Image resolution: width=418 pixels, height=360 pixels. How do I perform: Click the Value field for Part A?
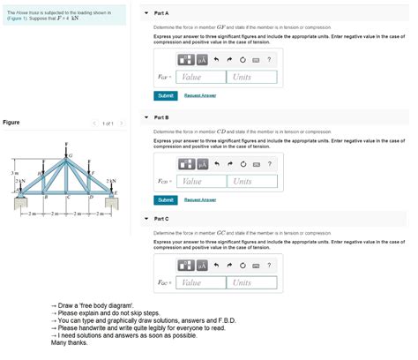pyautogui.click(x=200, y=77)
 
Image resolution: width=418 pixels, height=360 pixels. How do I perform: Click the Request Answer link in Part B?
pyautogui.click(x=200, y=199)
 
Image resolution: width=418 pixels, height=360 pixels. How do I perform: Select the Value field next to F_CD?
pyautogui.click(x=200, y=181)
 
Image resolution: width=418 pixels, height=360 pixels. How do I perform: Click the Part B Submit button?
pyautogui.click(x=165, y=199)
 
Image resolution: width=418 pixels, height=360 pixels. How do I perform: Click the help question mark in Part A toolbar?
pyautogui.click(x=269, y=60)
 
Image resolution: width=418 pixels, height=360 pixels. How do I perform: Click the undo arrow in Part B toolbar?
pyautogui.click(x=215, y=164)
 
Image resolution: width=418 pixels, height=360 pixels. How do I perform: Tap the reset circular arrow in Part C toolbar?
pyautogui.click(x=242, y=266)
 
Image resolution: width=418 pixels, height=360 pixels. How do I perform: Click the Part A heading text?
pyautogui.click(x=161, y=14)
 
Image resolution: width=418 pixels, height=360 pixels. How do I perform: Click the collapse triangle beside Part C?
pyautogui.click(x=146, y=219)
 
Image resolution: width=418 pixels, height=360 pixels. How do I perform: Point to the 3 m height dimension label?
pyautogui.click(x=4, y=173)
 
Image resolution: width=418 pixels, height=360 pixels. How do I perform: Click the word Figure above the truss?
pyautogui.click(x=11, y=122)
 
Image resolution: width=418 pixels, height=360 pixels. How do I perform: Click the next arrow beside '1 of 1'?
pyautogui.click(x=122, y=123)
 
